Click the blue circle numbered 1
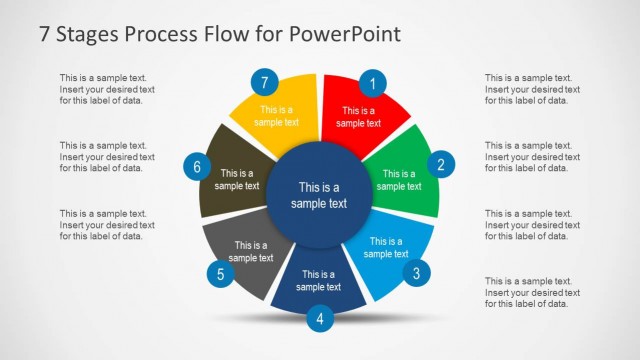click(373, 83)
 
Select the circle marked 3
click(417, 271)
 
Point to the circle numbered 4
click(319, 319)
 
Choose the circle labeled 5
click(221, 272)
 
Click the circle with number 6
click(197, 166)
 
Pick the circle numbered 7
click(265, 83)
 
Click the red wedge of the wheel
click(360, 110)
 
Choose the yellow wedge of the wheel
click(275, 110)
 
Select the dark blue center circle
click(319, 195)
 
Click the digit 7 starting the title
click(44, 33)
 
